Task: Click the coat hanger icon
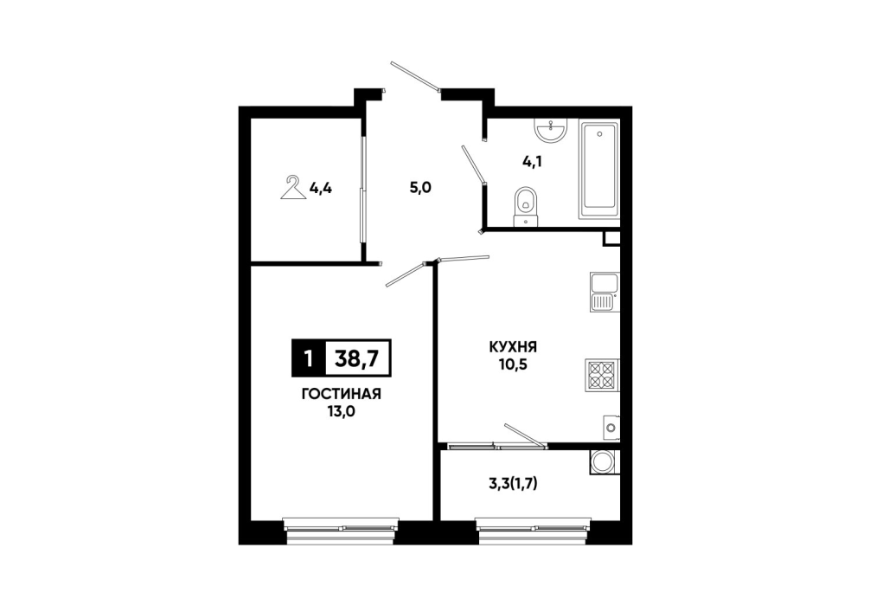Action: coord(293,190)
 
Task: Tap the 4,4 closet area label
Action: coord(320,189)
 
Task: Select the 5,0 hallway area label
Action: coord(420,188)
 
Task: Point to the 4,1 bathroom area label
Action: coord(532,162)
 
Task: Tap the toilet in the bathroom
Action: coord(526,207)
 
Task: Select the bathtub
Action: coord(599,171)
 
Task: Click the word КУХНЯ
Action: coord(513,348)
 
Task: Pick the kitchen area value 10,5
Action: coord(513,365)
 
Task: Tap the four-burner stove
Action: coord(602,376)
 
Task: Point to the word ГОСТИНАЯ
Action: coord(342,395)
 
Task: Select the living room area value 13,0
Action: coord(342,412)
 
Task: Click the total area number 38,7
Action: coord(357,358)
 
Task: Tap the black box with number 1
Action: coord(309,358)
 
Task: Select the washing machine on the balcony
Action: coord(602,461)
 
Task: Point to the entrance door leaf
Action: coord(415,75)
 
